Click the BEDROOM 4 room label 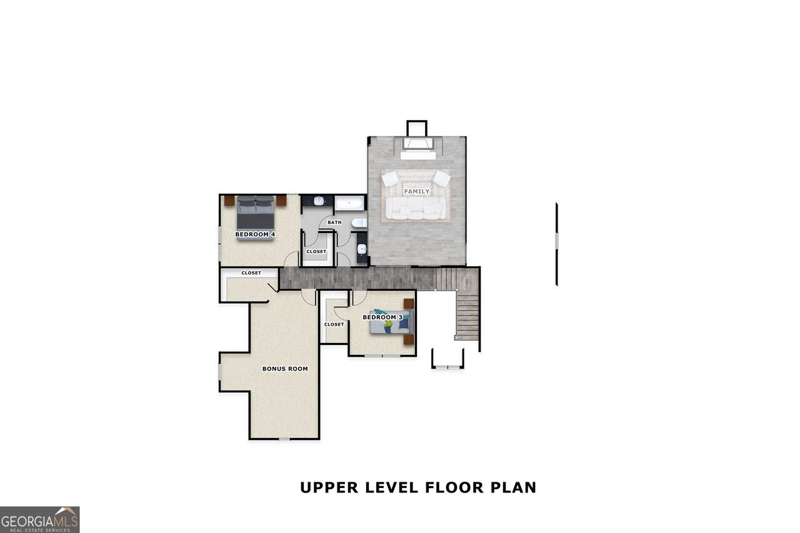tap(255, 234)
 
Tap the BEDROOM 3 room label tap(382, 317)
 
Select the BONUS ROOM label tap(285, 369)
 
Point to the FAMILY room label tap(417, 191)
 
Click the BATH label tap(334, 222)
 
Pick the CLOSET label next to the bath tap(316, 252)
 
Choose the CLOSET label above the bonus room tap(251, 272)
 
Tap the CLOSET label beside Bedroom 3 tap(334, 324)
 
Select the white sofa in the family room tap(416, 208)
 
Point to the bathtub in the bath tap(349, 204)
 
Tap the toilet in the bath tap(359, 223)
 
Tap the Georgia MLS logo tap(39, 520)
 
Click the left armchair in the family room tap(390, 179)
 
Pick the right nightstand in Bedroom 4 tap(281, 201)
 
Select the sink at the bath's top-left tap(319, 201)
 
